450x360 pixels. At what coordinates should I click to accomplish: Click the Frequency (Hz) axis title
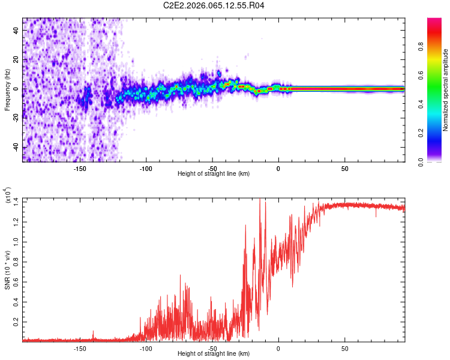pos(7,89)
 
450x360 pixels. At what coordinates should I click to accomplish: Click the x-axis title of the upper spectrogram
pos(214,173)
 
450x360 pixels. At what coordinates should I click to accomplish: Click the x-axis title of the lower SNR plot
pos(214,353)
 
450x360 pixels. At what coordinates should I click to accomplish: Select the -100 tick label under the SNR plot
pos(145,347)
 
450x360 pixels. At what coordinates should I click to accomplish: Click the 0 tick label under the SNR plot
pos(278,347)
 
